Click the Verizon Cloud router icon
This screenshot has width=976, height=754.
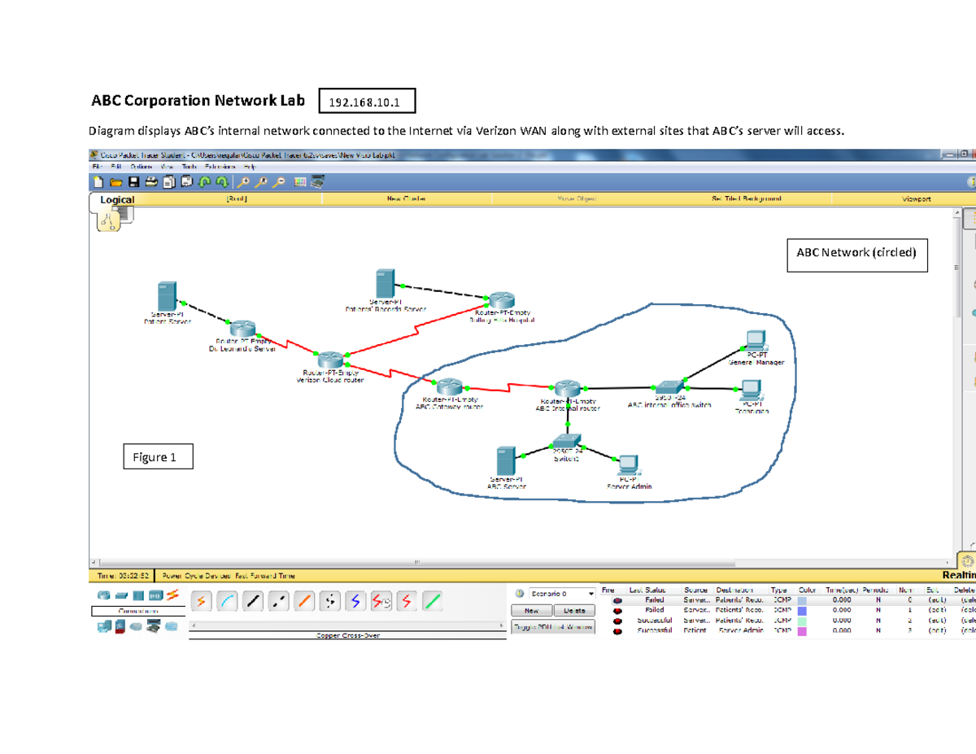pyautogui.click(x=331, y=359)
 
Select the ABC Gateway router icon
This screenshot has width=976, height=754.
pyautogui.click(x=448, y=386)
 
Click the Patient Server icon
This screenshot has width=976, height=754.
pyautogui.click(x=167, y=296)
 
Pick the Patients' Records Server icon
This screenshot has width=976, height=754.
pyautogui.click(x=386, y=284)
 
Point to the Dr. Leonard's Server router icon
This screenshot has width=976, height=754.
pyautogui.click(x=243, y=329)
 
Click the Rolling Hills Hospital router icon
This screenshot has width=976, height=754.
pyautogui.click(x=501, y=301)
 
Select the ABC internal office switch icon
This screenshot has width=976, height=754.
pyautogui.click(x=669, y=387)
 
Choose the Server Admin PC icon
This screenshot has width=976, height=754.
pyautogui.click(x=628, y=464)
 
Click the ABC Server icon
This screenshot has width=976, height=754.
pyautogui.click(x=507, y=461)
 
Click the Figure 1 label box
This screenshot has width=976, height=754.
pyautogui.click(x=158, y=457)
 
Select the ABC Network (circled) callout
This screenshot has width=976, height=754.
pyautogui.click(x=856, y=253)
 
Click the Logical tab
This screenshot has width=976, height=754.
pyautogui.click(x=117, y=199)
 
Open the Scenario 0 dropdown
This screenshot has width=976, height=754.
pyautogui.click(x=561, y=594)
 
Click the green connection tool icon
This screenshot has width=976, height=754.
pyautogui.click(x=433, y=601)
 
